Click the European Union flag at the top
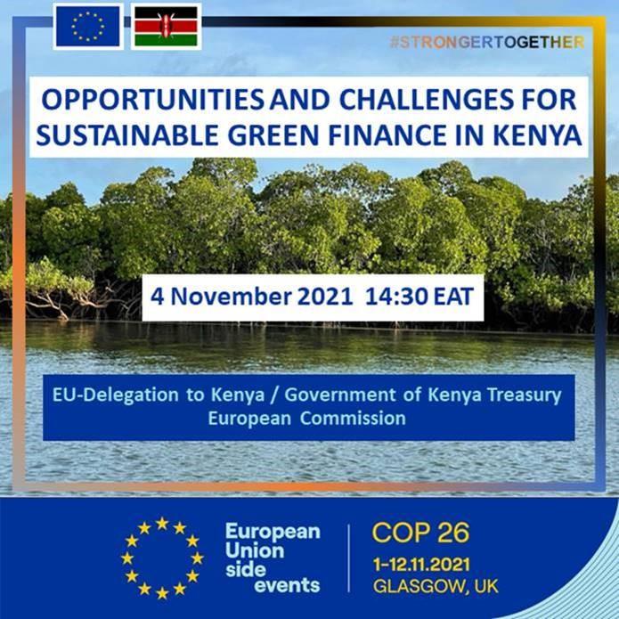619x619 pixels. [x=88, y=27]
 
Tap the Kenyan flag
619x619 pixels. [x=167, y=27]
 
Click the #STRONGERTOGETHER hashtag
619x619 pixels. [x=487, y=42]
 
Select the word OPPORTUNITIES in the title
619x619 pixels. [x=153, y=100]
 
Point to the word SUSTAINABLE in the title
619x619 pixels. [x=126, y=135]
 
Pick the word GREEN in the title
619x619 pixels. [x=273, y=135]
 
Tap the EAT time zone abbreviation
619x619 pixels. [x=453, y=297]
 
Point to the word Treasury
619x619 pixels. [x=524, y=395]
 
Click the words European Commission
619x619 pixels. [x=306, y=419]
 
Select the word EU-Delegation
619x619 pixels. [x=115, y=395]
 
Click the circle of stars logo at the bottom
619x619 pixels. [x=162, y=558]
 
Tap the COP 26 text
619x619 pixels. [x=420, y=533]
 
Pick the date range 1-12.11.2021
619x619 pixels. [x=421, y=565]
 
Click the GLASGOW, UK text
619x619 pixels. [x=436, y=586]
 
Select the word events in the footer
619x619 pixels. [x=287, y=585]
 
